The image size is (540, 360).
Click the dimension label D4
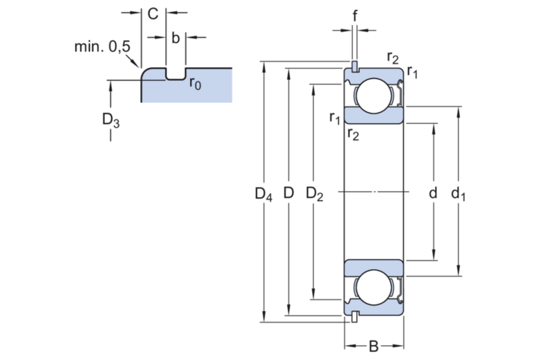(x=264, y=193)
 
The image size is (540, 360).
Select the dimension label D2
(x=314, y=193)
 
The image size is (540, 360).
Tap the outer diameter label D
(x=289, y=192)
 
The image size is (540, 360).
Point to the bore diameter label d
(x=433, y=192)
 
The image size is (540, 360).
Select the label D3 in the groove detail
(x=111, y=121)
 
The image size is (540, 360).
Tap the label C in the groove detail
(x=151, y=13)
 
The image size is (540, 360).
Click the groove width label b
(x=175, y=37)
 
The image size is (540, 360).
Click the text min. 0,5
(x=103, y=47)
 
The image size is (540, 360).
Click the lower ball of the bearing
(x=375, y=289)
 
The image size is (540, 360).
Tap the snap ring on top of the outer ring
(x=354, y=66)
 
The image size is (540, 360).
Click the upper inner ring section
(x=375, y=116)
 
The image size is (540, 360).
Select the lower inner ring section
(x=375, y=267)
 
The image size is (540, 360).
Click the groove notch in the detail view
(x=175, y=73)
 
